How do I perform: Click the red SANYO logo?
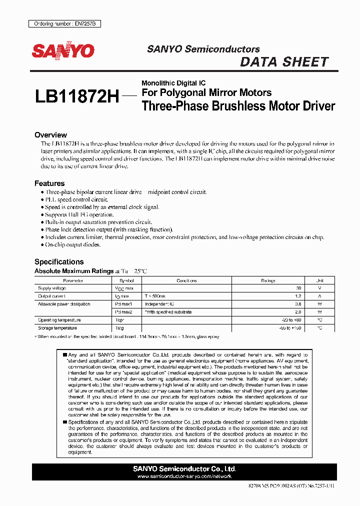click(63, 50)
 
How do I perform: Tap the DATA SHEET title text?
click(284, 62)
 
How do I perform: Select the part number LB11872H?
click(77, 97)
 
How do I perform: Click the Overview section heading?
click(50, 135)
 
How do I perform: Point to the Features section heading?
click(49, 183)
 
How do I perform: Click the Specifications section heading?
click(59, 261)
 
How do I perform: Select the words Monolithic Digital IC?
click(173, 83)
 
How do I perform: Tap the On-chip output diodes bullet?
click(73, 244)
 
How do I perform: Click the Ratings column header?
click(268, 281)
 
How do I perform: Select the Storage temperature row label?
click(57, 328)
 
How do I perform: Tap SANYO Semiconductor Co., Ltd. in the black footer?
click(184, 469)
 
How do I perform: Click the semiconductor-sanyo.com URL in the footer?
click(184, 477)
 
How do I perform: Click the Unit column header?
click(320, 281)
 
